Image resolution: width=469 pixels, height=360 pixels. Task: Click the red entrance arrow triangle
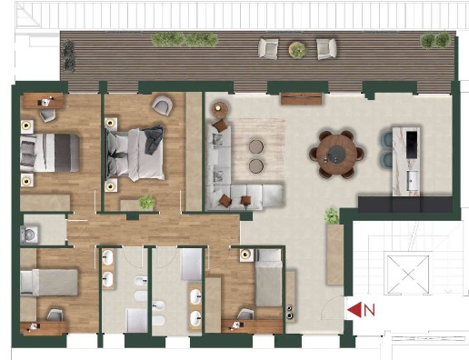pyautogui.click(x=355, y=310)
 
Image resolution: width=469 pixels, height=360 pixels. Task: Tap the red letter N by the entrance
pyautogui.click(x=369, y=310)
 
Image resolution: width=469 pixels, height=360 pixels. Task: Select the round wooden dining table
pyautogui.click(x=337, y=155)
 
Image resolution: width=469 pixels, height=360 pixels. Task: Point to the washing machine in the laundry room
pyautogui.click(x=29, y=235)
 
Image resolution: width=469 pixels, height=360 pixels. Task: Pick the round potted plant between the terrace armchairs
pyautogui.click(x=297, y=49)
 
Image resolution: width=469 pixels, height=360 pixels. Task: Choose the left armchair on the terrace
pyautogui.click(x=268, y=48)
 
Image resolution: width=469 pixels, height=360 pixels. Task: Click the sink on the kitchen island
pyautogui.click(x=413, y=177)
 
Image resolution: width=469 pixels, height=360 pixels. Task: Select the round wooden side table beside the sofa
pyautogui.click(x=221, y=110)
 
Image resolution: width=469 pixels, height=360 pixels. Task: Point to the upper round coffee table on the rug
pyautogui.click(x=256, y=146)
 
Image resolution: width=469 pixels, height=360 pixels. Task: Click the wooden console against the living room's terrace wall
pyautogui.click(x=301, y=98)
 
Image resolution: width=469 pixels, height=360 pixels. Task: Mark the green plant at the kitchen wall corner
pyautogui.click(x=332, y=215)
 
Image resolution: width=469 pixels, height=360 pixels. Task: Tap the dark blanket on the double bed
pyautogui.click(x=154, y=139)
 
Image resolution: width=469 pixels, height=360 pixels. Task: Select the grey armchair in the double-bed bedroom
pyautogui.click(x=162, y=105)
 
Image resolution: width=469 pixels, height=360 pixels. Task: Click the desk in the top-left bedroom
pyautogui.click(x=43, y=101)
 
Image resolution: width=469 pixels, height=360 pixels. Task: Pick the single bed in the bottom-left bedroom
pyautogui.click(x=49, y=283)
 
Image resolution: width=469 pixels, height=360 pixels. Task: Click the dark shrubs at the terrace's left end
pyautogui.click(x=68, y=56)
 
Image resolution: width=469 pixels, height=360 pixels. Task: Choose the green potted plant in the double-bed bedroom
pyautogui.click(x=147, y=202)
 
